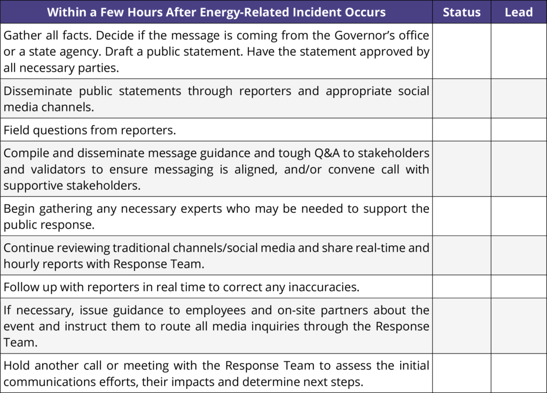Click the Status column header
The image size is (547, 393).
[x=462, y=12]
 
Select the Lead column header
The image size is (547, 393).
[x=518, y=12]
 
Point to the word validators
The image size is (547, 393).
[x=58, y=170]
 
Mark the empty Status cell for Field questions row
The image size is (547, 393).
[x=462, y=130]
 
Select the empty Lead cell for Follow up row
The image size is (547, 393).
[x=519, y=286]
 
